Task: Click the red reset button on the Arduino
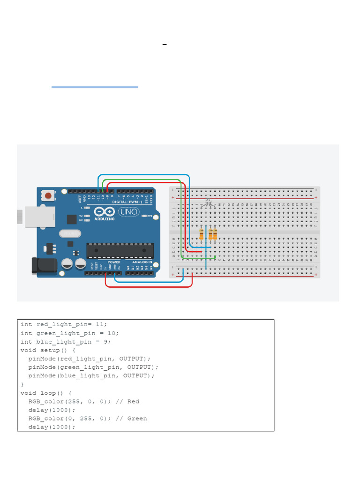[x=48, y=195]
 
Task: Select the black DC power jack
[x=43, y=266]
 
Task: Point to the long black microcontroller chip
[x=120, y=250]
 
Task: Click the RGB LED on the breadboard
[x=207, y=203]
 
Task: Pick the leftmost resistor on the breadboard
[x=202, y=233]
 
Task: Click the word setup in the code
[x=50, y=350]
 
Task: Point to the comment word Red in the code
[x=133, y=402]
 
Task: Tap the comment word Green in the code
[x=137, y=419]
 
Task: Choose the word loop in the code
[x=48, y=393]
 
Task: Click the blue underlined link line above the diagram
[x=95, y=87]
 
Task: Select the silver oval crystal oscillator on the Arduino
[x=69, y=233]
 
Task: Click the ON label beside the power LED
[x=150, y=216]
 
